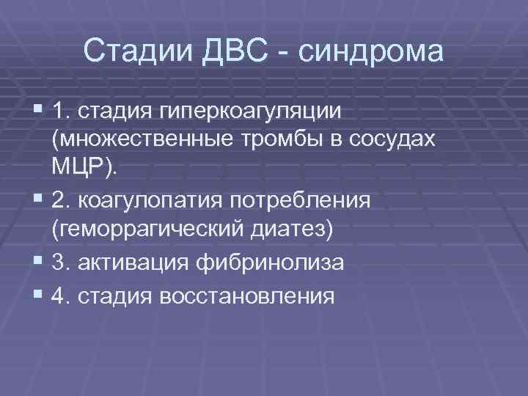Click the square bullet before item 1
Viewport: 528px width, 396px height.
(37, 111)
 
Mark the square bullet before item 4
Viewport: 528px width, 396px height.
(37, 294)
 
